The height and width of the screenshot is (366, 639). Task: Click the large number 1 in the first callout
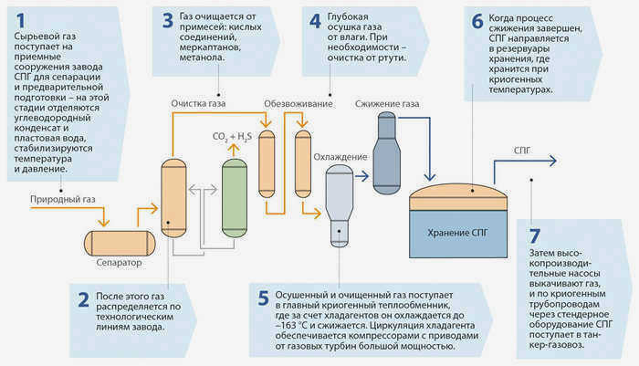tap(20, 20)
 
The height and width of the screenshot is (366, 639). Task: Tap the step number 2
tap(84, 300)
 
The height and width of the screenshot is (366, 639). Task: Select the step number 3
tap(168, 21)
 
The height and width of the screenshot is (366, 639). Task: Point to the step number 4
tap(315, 21)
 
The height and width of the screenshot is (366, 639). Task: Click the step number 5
tap(263, 298)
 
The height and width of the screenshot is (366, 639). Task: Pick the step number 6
tap(477, 22)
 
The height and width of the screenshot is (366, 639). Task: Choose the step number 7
tap(534, 236)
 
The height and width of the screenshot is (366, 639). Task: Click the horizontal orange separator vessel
tap(120, 244)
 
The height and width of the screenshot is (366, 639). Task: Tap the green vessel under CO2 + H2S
tap(235, 198)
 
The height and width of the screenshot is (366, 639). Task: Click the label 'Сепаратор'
tap(119, 263)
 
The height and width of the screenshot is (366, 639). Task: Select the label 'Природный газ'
tap(63, 199)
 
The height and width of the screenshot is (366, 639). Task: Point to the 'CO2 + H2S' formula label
tap(232, 137)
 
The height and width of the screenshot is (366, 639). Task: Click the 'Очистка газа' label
tap(198, 103)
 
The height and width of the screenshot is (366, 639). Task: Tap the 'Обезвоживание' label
tap(299, 104)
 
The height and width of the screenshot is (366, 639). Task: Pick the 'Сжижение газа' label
tap(387, 104)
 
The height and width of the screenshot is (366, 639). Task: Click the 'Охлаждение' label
tap(340, 157)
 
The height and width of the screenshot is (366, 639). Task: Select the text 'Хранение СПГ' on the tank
tap(457, 233)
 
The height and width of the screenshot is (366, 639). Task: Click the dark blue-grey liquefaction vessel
tap(387, 153)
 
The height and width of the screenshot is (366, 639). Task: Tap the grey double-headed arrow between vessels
tap(203, 190)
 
